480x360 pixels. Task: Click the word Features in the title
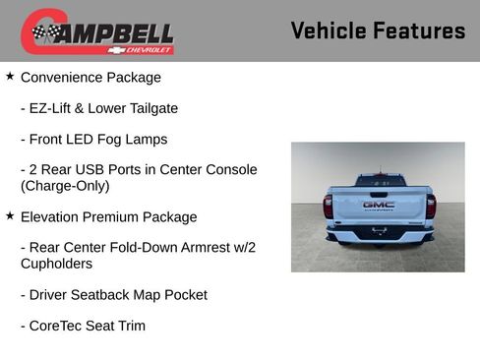[417, 31]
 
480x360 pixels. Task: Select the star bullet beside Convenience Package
[10, 76]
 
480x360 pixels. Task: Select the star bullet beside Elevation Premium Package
[10, 215]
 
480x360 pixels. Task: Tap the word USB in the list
[92, 170]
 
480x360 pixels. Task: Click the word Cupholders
[57, 264]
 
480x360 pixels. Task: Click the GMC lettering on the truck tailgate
[379, 205]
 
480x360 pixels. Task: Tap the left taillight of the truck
[329, 207]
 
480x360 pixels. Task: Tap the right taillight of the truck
[430, 207]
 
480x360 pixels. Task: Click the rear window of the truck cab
[379, 182]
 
